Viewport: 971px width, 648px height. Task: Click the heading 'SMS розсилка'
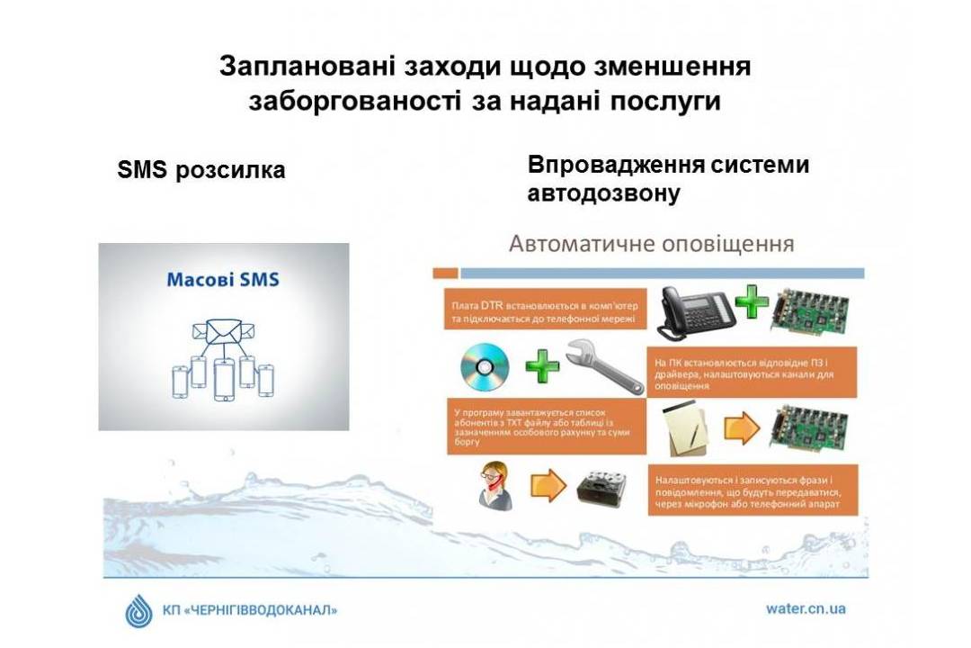(200, 170)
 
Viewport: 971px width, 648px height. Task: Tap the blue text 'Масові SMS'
(223, 279)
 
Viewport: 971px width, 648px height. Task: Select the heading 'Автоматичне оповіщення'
(652, 244)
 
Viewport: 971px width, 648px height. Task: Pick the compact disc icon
(485, 367)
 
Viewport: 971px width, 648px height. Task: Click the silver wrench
(605, 366)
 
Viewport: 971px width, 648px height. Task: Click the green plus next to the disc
(542, 366)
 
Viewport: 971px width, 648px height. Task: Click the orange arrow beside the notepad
(741, 427)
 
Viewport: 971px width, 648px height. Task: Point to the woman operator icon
(496, 486)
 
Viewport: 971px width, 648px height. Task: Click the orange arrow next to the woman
(548, 485)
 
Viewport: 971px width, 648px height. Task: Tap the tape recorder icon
(601, 488)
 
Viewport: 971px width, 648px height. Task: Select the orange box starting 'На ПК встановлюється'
(752, 372)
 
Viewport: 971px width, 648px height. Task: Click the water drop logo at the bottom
(138, 611)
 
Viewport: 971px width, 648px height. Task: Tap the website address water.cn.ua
(806, 608)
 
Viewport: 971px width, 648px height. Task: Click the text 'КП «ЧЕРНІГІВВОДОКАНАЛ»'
(250, 610)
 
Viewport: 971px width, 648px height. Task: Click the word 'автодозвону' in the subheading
(604, 193)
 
